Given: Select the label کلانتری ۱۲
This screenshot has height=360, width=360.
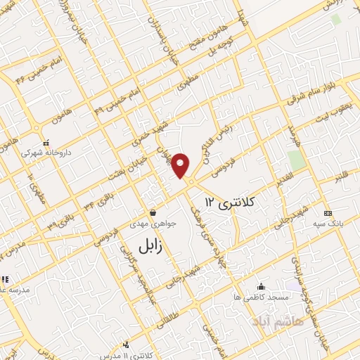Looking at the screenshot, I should [228, 202].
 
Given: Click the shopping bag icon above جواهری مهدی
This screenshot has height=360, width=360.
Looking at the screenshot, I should [153, 212].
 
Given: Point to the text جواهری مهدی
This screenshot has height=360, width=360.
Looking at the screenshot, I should [154, 224].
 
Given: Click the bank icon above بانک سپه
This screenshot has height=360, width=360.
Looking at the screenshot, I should [328, 212].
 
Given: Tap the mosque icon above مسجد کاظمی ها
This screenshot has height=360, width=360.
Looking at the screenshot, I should [262, 286].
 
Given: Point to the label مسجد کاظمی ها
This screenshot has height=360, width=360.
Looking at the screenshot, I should [262, 297].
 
